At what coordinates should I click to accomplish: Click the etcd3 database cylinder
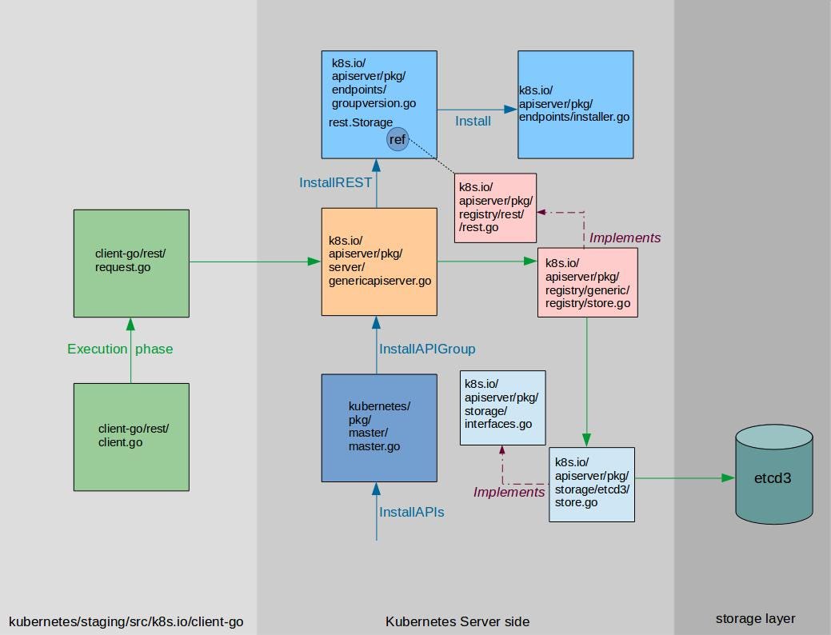coord(774,479)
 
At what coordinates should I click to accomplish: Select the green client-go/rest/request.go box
coord(131,263)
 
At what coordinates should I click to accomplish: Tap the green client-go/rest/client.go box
coord(131,436)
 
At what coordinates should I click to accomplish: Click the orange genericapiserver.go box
coord(379,261)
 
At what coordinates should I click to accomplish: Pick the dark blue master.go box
coord(379,428)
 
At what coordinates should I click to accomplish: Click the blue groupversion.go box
coord(379,105)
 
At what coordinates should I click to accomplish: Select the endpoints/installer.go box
coord(575,105)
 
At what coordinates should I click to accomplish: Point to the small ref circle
coord(398,140)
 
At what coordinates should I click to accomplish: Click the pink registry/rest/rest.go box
coord(495,207)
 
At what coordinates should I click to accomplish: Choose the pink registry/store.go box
coord(587,282)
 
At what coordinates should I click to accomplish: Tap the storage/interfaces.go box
coord(502,407)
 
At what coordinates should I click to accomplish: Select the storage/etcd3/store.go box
coord(592,484)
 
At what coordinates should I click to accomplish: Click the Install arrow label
coord(473,122)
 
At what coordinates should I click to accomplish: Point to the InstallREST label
coord(335,182)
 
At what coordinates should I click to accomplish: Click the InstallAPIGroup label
coord(427,349)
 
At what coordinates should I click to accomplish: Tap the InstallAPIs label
coord(411,512)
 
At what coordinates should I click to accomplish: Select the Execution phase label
coord(120,349)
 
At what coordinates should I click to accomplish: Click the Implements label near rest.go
coord(625,238)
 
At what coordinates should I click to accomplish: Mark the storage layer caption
coord(755,618)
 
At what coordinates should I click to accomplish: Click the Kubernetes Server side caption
coord(457,621)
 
